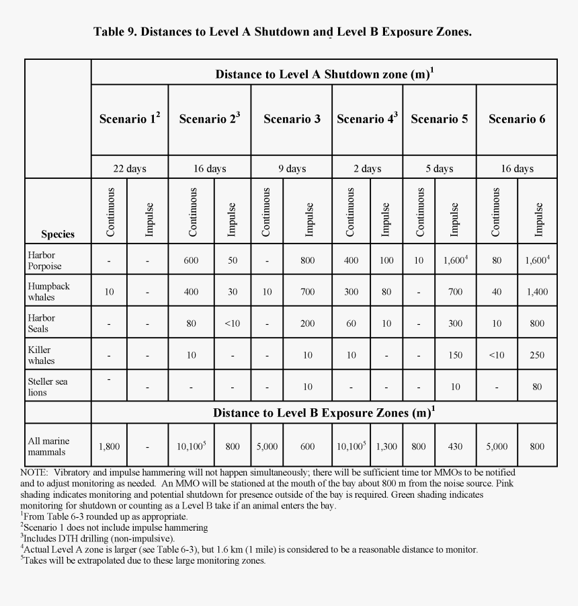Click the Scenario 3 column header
click(x=292, y=119)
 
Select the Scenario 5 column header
click(x=439, y=119)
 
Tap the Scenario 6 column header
click(x=517, y=119)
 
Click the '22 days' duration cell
click(x=130, y=168)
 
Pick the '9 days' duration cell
click(x=292, y=168)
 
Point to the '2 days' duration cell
click(x=367, y=168)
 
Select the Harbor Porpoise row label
click(x=44, y=260)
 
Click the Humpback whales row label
click(x=48, y=291)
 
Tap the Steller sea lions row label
click(x=47, y=387)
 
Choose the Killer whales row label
click(x=41, y=355)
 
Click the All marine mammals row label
click(x=48, y=446)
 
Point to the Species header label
click(x=58, y=234)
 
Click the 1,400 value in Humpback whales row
click(x=537, y=292)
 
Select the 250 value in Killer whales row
click(x=537, y=355)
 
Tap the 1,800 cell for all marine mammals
click(x=109, y=446)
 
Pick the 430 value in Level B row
click(x=455, y=446)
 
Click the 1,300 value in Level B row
click(x=386, y=446)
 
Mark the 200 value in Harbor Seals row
click(x=307, y=324)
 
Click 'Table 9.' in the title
click(x=114, y=32)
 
